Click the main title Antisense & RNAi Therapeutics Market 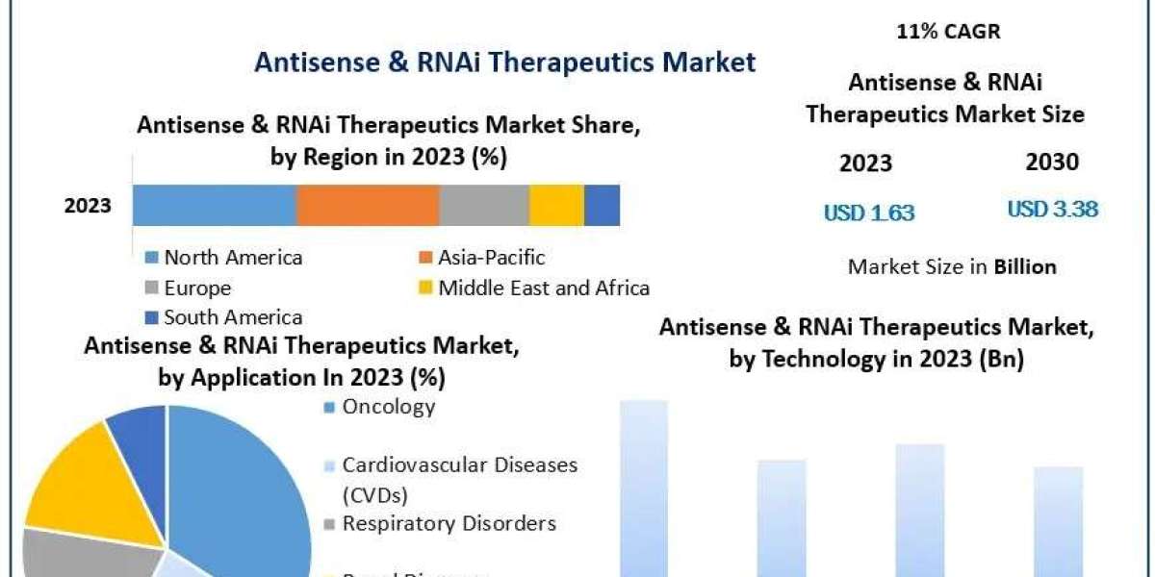(x=504, y=63)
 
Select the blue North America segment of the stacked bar (x=214, y=205)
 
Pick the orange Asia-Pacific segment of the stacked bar (x=368, y=205)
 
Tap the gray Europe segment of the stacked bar (x=484, y=205)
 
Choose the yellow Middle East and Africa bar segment (x=556, y=205)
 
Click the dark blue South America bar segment (x=602, y=205)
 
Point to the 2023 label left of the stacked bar (x=88, y=205)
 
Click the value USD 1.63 (x=868, y=213)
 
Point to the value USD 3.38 (x=1052, y=209)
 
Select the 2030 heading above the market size (x=1052, y=163)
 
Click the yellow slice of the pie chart (x=67, y=476)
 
